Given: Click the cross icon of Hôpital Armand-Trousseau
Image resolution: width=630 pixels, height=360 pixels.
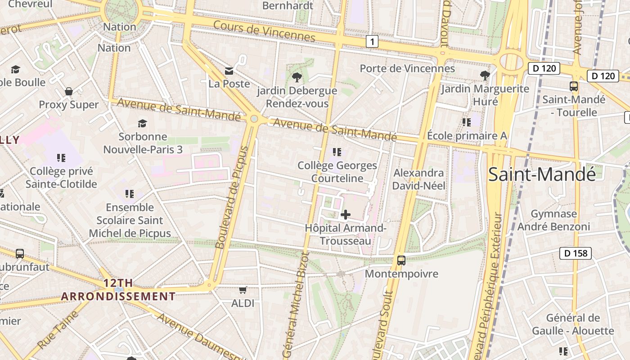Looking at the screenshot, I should click(x=346, y=215).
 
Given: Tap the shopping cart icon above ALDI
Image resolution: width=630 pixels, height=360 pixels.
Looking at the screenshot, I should click(x=243, y=290).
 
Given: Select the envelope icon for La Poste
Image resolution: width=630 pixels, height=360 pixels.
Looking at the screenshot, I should click(x=229, y=71).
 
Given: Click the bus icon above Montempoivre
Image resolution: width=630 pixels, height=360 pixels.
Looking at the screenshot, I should click(x=401, y=260).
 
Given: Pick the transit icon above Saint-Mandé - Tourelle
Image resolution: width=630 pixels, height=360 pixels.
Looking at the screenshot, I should click(x=574, y=86).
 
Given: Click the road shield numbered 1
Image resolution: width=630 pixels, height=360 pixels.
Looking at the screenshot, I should click(x=372, y=42).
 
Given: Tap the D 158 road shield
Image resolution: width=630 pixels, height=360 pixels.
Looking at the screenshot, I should click(x=576, y=253).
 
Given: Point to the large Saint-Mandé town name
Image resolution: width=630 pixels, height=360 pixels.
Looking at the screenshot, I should click(x=542, y=174).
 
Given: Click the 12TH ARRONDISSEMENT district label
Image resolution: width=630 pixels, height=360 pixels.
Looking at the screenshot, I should click(x=118, y=290).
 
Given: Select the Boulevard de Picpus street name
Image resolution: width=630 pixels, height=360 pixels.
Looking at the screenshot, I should click(x=232, y=197).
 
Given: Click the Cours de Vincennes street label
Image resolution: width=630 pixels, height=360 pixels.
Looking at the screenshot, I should click(x=264, y=31).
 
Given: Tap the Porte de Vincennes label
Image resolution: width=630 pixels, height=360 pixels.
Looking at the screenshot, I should click(x=407, y=68).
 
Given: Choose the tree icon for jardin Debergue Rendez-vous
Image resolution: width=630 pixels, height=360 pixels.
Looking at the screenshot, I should click(x=297, y=77).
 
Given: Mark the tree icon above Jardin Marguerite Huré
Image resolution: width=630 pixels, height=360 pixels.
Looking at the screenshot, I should click(x=485, y=75).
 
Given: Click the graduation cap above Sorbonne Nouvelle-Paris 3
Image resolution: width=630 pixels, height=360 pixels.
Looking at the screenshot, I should click(x=143, y=123).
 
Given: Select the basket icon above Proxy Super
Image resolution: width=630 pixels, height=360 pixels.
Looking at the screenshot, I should click(x=69, y=91).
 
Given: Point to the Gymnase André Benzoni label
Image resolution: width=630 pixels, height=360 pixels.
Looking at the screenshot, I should click(x=553, y=220).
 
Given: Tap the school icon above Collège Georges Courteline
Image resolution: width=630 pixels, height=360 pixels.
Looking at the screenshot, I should click(x=337, y=152).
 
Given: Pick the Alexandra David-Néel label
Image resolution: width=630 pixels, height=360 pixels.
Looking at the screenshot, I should click(x=418, y=179).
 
